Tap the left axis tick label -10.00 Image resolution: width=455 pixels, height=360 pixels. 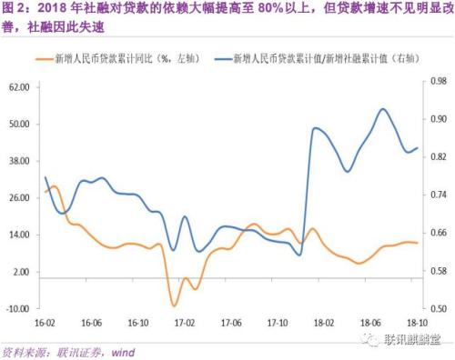(x=19, y=309)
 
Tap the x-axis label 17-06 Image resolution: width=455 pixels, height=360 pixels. (x=231, y=323)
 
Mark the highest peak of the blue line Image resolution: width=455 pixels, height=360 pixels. (x=383, y=109)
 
